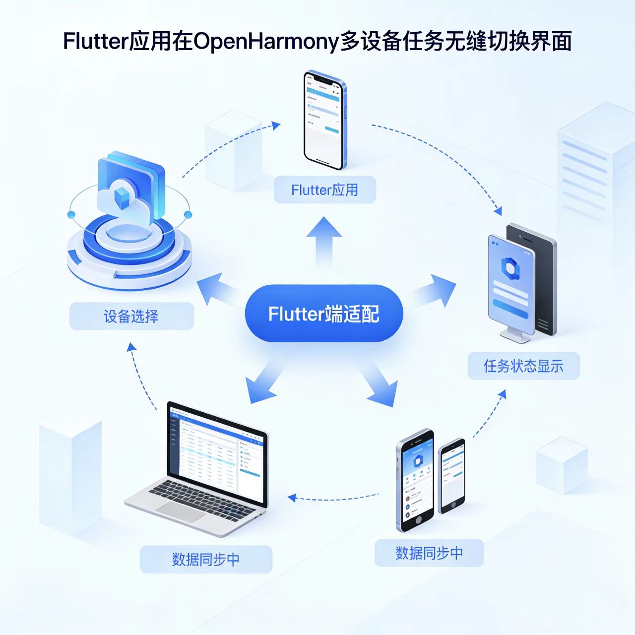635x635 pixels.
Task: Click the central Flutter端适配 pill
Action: [323, 314]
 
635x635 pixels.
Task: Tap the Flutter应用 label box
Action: [324, 190]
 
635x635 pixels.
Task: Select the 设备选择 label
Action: [131, 317]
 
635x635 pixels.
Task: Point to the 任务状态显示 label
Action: [523, 366]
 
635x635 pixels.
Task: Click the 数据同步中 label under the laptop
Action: [206, 560]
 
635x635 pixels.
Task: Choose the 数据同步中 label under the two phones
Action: [429, 553]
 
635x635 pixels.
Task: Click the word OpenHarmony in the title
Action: [266, 42]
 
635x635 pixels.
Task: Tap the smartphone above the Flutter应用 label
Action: [324, 119]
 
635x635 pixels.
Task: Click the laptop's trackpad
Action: [181, 511]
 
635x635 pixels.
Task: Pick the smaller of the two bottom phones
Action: [452, 475]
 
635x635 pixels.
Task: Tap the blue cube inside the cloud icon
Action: [121, 197]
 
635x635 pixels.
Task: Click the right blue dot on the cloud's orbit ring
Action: [188, 215]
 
